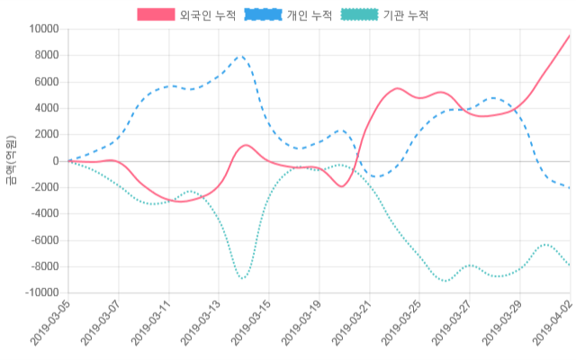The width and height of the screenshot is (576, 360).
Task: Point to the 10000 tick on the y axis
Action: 43,29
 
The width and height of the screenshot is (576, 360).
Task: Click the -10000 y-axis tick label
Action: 40,293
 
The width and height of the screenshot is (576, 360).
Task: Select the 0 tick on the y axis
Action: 56,161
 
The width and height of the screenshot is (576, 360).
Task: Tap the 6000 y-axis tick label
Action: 46,82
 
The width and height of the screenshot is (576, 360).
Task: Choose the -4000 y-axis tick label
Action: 43,214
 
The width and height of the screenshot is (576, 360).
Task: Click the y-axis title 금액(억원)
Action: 11,160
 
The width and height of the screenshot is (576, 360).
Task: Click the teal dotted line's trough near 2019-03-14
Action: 241,278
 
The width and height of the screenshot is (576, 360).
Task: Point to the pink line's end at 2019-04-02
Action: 570,36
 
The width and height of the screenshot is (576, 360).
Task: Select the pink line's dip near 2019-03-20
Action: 341,186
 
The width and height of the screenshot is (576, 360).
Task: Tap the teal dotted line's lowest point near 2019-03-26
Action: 445,281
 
